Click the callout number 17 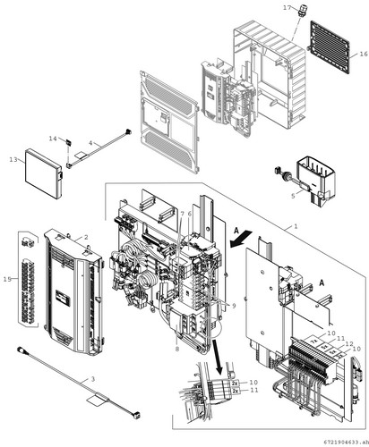[287, 8]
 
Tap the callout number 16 [364, 54]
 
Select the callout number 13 [13, 160]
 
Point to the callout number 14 [53, 139]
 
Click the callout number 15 [7, 279]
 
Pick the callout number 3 [93, 379]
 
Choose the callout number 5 [293, 196]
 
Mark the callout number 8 [177, 349]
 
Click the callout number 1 [296, 226]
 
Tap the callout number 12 [349, 343]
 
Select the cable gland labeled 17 [302, 11]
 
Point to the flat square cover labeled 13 [44, 173]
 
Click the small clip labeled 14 [68, 143]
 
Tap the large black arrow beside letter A [242, 238]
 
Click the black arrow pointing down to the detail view [217, 358]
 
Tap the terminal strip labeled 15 [29, 278]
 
